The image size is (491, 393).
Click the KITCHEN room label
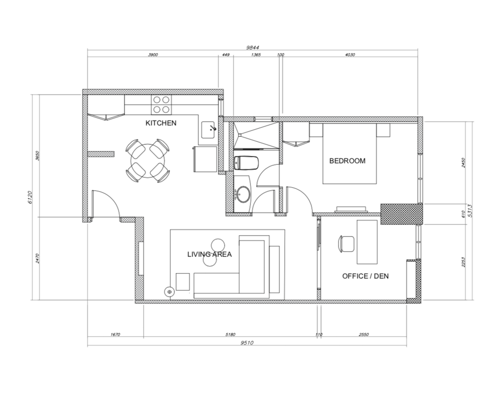coord(161,123)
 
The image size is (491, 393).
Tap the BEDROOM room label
coord(347,161)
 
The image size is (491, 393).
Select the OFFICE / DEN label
coord(365,276)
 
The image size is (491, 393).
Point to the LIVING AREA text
coord(210,254)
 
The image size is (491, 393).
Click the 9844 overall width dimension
coord(253,48)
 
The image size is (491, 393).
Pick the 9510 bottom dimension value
coord(247,343)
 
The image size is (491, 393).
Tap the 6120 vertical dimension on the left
coord(30,197)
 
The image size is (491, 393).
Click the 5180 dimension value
coord(230,335)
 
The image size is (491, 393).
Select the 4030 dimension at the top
coord(350,55)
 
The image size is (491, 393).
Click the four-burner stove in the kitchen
coord(161,105)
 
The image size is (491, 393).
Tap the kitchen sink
coord(208,130)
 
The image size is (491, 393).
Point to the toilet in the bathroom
coord(246,163)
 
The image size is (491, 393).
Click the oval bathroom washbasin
coord(243,194)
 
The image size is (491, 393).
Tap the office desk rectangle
coord(367,242)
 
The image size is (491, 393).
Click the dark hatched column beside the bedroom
coord(402,214)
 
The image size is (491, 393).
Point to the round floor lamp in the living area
coord(169,292)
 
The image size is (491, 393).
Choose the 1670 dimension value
coord(115,335)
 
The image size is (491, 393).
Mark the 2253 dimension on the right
coord(463,262)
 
